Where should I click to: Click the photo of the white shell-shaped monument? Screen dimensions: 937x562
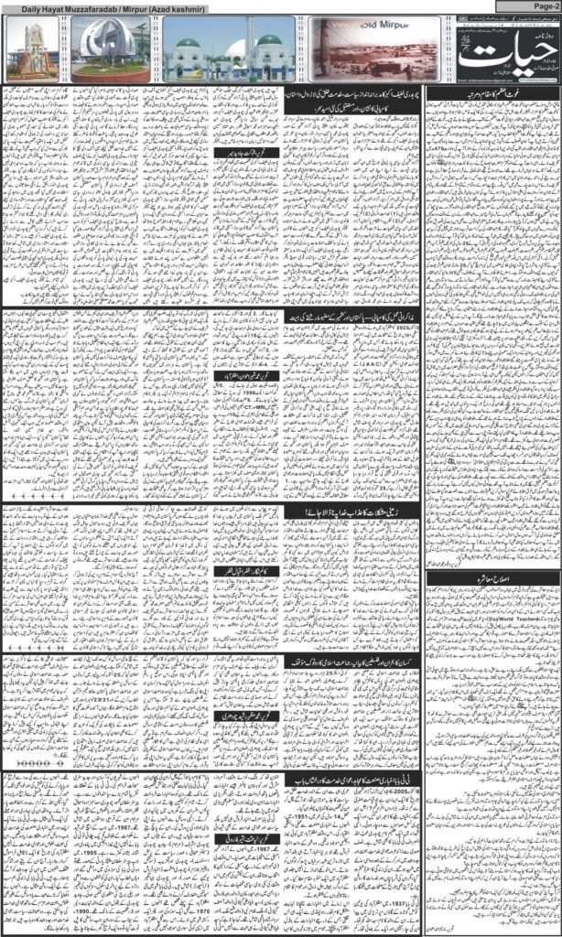[x=109, y=51]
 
